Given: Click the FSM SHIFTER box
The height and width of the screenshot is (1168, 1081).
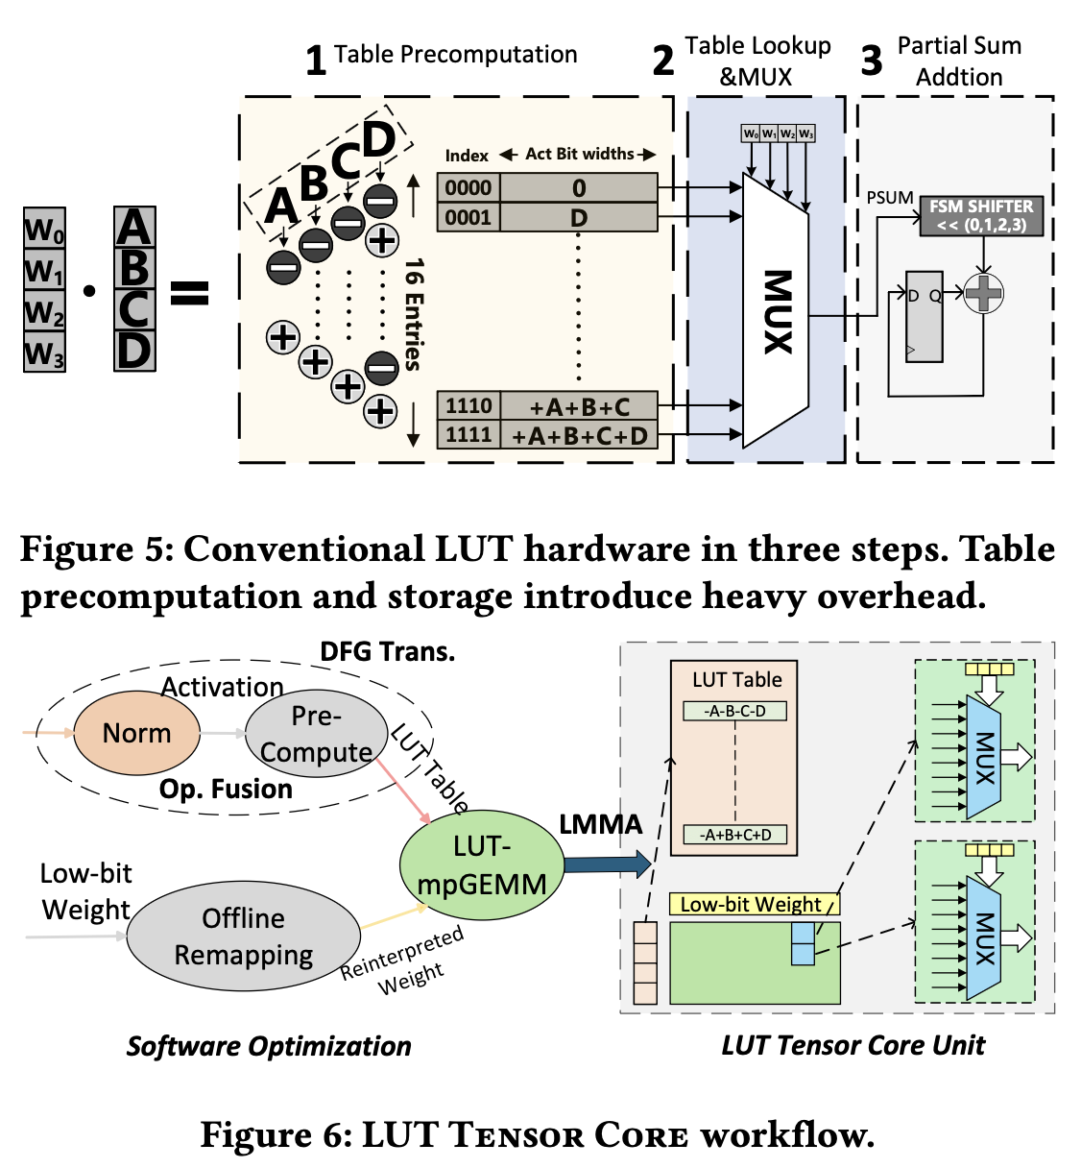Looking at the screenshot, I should pos(980,216).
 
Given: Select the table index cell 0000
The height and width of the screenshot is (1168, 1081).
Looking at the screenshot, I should pos(468,187).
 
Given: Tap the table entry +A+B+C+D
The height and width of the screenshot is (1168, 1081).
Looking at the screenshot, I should pos(579,435).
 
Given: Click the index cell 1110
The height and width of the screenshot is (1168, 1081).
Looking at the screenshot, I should pos(468,405).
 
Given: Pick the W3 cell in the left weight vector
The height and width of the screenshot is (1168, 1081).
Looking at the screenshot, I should pos(44,353).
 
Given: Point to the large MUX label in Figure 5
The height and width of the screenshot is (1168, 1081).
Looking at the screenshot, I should pos(777,311).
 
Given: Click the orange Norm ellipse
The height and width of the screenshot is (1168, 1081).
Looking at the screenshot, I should pos(136,733).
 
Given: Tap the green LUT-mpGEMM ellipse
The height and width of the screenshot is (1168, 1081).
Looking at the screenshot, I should pos(481,864).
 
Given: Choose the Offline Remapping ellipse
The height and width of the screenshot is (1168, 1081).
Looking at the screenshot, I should pos(243,937).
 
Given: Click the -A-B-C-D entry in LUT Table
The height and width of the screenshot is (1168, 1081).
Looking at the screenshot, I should pos(735,711).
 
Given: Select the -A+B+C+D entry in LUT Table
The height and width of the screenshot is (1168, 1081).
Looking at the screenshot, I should pos(735,835).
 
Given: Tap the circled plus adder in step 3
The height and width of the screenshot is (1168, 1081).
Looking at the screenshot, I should pos(983,293).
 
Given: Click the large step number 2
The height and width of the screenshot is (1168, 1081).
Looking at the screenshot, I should pos(662,61).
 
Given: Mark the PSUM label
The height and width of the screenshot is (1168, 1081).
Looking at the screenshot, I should pos(890,198).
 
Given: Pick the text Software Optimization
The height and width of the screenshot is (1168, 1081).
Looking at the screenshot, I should pos(269,1046).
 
